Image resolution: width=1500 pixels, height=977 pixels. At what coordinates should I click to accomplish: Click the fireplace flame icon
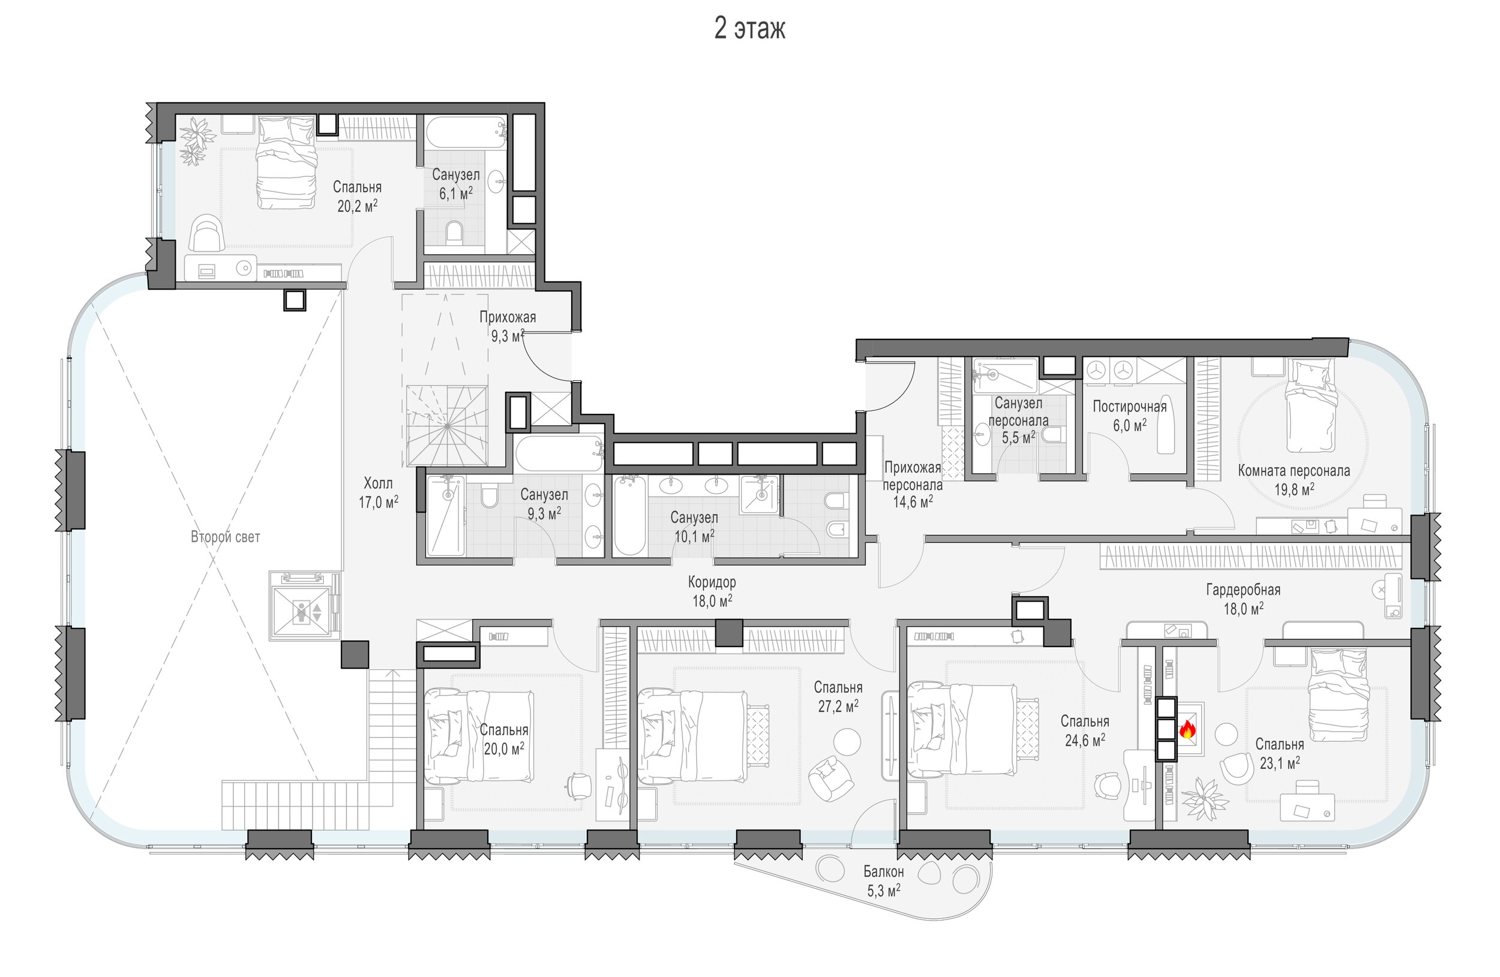point(1187,729)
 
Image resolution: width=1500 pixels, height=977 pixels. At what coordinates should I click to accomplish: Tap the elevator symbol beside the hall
point(305,605)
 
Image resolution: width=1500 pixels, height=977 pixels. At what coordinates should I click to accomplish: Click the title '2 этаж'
point(749,28)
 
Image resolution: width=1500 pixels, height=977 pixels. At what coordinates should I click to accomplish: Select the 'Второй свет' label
point(225,537)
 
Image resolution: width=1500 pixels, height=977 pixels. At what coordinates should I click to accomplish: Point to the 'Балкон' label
point(883,872)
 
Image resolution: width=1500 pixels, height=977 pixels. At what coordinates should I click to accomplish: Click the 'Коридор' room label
point(712,582)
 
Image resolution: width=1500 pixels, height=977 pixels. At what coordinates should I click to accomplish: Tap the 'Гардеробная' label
point(1243,590)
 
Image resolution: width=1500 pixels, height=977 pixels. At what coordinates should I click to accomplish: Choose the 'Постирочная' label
point(1129,406)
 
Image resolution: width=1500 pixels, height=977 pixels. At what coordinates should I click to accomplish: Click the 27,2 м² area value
point(838,706)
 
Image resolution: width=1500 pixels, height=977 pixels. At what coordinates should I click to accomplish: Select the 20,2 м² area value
point(358,206)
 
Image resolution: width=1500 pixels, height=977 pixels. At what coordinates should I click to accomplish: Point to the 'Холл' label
point(378,483)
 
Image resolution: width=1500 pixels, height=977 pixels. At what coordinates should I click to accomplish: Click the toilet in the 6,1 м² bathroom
point(454,233)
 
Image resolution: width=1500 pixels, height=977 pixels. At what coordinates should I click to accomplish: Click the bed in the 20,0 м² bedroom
point(479,736)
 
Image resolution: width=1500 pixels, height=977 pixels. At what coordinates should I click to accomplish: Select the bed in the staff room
point(1311,406)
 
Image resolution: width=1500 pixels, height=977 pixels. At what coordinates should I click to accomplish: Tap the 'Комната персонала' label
point(1294,471)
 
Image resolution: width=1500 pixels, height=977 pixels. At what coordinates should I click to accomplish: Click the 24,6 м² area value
point(1085,740)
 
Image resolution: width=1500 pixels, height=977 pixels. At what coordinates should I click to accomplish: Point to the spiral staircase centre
point(447,426)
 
